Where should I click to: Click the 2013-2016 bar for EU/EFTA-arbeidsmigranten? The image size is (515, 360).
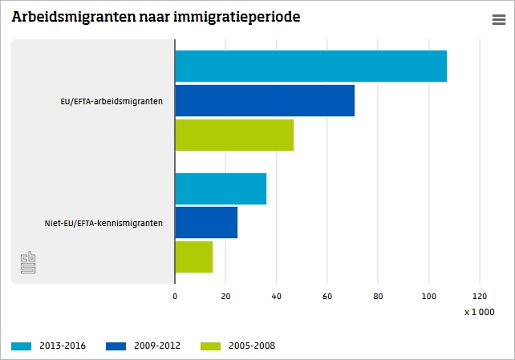point(310,66)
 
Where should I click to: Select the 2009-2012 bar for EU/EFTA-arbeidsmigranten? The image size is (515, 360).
point(265,100)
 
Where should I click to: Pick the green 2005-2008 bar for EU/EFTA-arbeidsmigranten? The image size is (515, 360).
point(234,135)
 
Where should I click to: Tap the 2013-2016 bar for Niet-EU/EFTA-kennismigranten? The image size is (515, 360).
point(221,188)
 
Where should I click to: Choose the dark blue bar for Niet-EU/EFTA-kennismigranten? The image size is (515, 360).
point(206,222)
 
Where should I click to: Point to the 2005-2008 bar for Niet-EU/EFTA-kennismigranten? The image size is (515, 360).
point(193,257)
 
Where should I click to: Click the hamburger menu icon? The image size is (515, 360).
point(498,21)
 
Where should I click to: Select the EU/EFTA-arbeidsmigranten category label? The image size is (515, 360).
point(112,101)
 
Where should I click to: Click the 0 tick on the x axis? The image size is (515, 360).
point(175,296)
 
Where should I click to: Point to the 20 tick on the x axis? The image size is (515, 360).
point(225,296)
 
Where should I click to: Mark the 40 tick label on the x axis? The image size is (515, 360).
point(276,296)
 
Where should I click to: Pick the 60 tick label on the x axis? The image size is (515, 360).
point(327,296)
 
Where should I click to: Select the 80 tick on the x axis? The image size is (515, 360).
point(378,296)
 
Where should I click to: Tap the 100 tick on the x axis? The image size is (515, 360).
point(428,296)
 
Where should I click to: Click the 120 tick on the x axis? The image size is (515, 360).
point(480,296)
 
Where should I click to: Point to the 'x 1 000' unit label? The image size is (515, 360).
point(479,312)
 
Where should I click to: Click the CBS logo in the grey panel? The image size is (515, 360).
point(28,263)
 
